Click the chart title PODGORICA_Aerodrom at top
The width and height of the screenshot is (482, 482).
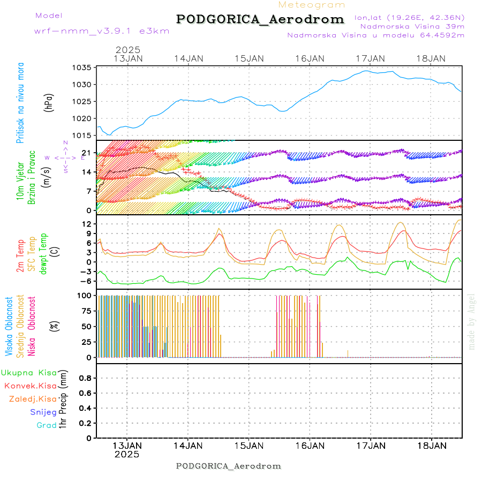coord(260,19)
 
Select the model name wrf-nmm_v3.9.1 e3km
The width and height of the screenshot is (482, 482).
coord(102,31)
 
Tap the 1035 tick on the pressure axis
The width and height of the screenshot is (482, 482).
coord(83,68)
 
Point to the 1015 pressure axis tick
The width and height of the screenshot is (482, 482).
coord(83,135)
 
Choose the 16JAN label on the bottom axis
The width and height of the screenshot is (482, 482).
coord(310,445)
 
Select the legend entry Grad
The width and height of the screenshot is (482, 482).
coord(47,425)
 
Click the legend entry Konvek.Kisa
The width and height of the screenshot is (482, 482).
coord(31,386)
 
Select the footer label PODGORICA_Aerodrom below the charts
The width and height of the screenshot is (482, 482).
coord(229,466)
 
